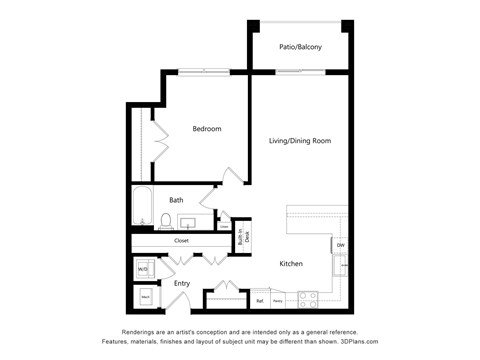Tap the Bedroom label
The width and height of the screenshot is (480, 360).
[x=207, y=129]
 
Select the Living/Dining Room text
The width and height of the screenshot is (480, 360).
[x=300, y=141]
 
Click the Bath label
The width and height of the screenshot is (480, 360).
[x=176, y=200]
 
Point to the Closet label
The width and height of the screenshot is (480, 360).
[x=181, y=240]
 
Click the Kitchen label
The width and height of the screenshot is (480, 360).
[x=291, y=264]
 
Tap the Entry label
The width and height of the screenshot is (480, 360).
[x=182, y=284]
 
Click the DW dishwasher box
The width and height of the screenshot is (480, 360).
[x=340, y=245]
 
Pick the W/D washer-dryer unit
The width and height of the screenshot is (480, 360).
[x=142, y=269]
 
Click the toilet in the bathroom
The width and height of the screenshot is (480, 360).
[x=166, y=220]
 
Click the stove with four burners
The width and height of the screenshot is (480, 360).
[x=307, y=297]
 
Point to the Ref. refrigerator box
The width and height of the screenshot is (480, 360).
[x=260, y=299]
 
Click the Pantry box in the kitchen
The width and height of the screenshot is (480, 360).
[x=278, y=299]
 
